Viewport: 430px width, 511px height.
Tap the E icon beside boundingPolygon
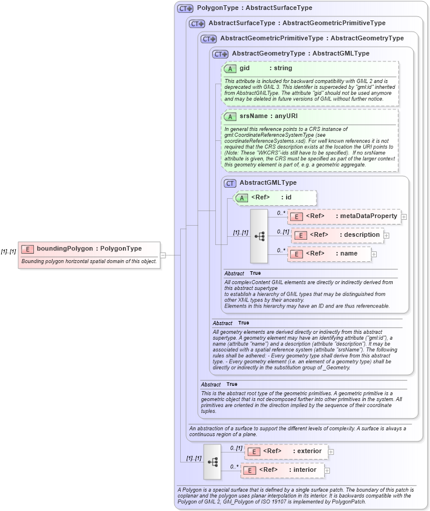(x=27, y=249)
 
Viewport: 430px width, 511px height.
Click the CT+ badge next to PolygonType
(x=185, y=8)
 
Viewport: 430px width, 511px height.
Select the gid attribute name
(x=245, y=68)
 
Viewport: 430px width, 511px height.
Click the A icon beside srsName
(x=231, y=116)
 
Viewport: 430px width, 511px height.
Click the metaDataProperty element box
(x=345, y=216)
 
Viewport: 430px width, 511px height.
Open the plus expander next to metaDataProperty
(x=404, y=217)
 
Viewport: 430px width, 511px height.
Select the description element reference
(x=345, y=235)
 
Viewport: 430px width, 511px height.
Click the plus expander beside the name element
(x=374, y=254)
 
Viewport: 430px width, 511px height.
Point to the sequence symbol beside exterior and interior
(x=212, y=461)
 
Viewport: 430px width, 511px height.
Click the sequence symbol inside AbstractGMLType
(x=259, y=236)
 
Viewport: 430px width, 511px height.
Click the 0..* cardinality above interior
(x=234, y=467)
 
